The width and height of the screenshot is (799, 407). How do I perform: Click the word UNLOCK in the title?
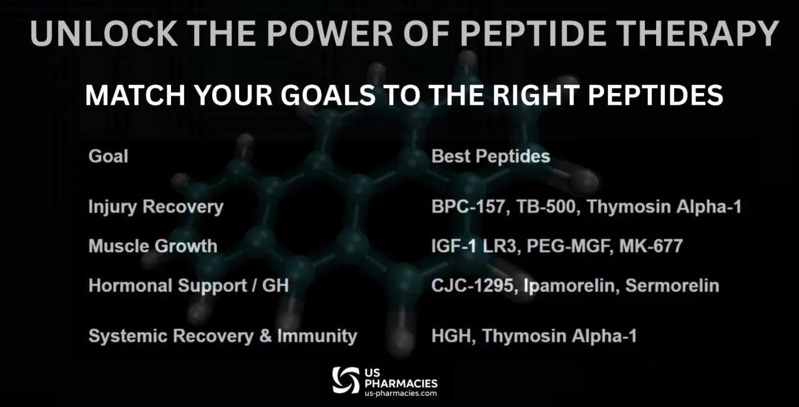(104, 33)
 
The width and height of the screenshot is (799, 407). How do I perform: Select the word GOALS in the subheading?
(328, 96)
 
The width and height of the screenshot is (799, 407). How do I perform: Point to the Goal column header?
(108, 156)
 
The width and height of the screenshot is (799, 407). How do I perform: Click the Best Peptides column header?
(491, 156)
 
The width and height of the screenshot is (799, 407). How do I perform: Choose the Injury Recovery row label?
(156, 207)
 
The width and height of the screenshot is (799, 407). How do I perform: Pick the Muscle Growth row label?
(153, 246)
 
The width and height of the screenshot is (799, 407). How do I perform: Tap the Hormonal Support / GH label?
(189, 286)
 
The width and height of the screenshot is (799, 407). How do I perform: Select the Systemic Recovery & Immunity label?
(223, 336)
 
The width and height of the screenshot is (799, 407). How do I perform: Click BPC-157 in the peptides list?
(468, 207)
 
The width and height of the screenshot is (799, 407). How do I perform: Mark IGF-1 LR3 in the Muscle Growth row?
(474, 246)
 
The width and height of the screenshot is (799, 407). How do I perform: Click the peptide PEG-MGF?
(570, 246)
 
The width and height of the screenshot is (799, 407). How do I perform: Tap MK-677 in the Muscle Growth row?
(651, 246)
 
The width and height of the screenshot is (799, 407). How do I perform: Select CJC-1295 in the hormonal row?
(473, 286)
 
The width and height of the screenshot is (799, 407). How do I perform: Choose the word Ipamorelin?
(569, 286)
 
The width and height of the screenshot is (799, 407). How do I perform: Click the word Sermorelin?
(672, 286)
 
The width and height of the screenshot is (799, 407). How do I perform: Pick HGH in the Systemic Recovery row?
(451, 336)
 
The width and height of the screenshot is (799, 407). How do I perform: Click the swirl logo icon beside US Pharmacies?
(346, 380)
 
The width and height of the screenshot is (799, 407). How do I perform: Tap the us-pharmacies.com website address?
(401, 393)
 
